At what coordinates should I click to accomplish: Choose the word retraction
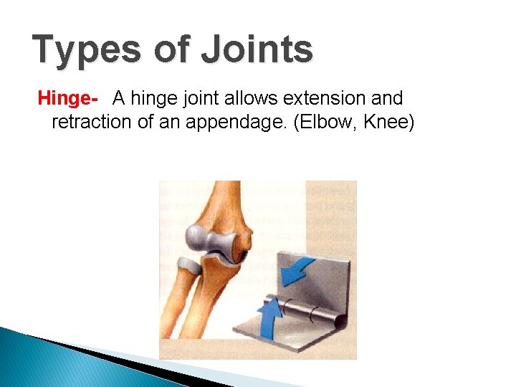[x=92, y=122]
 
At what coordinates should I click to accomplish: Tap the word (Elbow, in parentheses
[x=324, y=122]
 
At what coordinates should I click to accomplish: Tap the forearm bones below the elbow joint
[x=193, y=301]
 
